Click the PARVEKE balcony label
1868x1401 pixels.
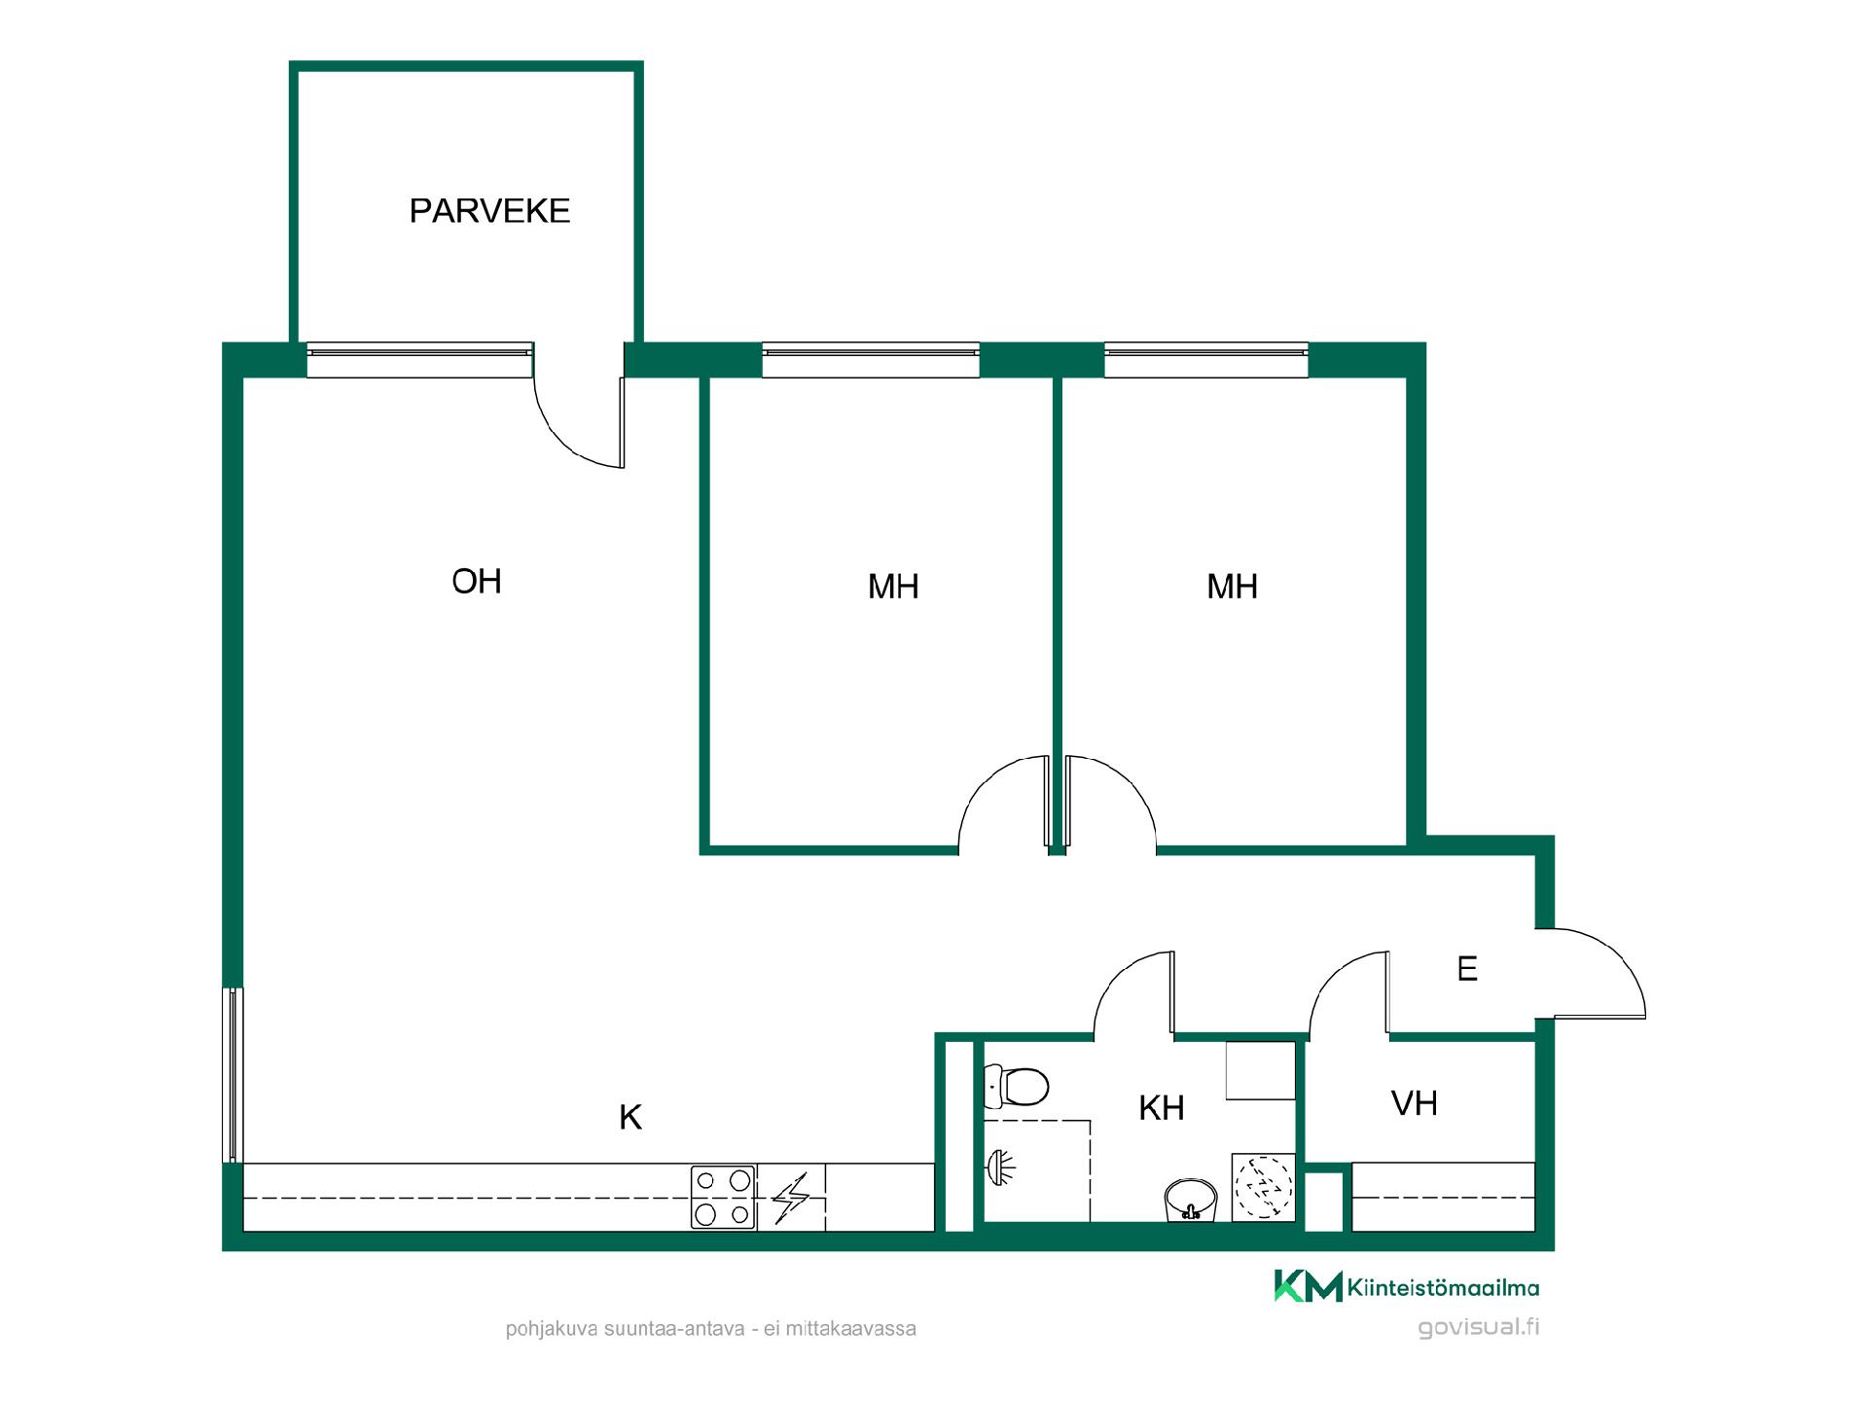[489, 211]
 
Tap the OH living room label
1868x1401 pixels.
[477, 582]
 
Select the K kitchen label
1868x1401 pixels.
[630, 1118]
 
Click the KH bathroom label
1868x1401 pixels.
[1162, 1107]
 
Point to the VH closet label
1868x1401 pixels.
[1415, 1103]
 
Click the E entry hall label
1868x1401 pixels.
[1467, 969]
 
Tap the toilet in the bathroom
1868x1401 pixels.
[1016, 1086]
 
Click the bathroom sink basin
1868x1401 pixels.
[1190, 1199]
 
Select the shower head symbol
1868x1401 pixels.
[1000, 1167]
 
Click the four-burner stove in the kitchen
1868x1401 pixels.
[723, 1197]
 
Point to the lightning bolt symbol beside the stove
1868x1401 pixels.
[791, 1199]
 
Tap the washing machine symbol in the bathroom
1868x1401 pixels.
[1264, 1187]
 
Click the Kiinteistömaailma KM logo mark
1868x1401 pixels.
[1308, 1286]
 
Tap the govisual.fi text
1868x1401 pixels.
[1478, 1328]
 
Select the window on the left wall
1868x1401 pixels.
[233, 1074]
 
